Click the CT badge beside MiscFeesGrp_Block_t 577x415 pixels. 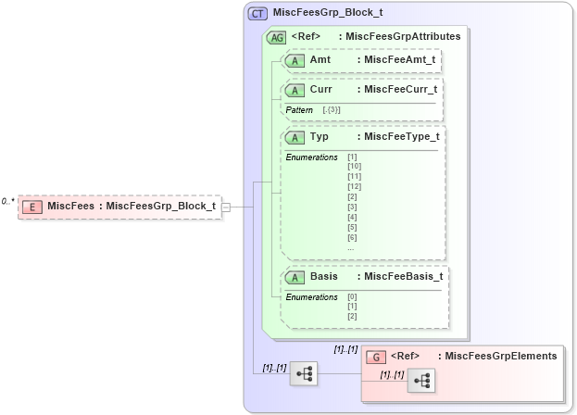tap(258, 15)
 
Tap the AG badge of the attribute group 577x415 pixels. tap(276, 37)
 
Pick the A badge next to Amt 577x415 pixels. tap(295, 60)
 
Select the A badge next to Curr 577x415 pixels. tap(295, 91)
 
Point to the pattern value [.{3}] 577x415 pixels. tap(331, 110)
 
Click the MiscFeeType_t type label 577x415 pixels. tap(402, 137)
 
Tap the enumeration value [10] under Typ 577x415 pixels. tap(354, 166)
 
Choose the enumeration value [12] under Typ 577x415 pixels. tap(354, 186)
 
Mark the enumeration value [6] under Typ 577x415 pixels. tap(352, 237)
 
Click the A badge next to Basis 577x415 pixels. tap(295, 277)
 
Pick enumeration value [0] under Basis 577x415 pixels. tap(352, 296)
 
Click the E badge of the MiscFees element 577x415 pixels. tap(32, 207)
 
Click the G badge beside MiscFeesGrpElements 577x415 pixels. tap(376, 356)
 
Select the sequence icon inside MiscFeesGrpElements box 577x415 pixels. tap(420, 380)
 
